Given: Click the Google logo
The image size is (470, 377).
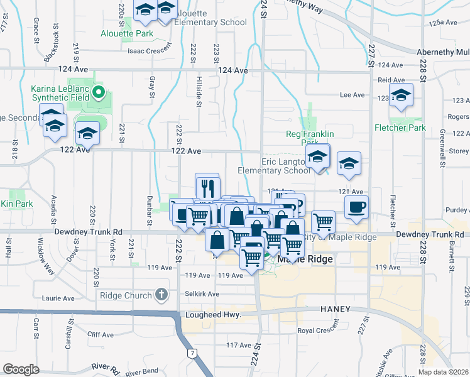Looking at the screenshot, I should click(x=21, y=369).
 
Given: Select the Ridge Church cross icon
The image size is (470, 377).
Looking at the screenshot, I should click(x=161, y=295).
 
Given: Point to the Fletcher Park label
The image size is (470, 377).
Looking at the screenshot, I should click(x=400, y=128).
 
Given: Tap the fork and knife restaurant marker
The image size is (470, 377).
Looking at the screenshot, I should click(x=207, y=187).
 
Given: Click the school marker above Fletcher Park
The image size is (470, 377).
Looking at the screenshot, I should click(x=400, y=96).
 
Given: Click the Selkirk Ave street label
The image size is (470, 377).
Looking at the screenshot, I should click(x=202, y=294).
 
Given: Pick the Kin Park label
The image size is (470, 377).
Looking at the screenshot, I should click(x=16, y=204).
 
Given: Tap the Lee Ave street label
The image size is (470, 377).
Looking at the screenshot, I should click(x=352, y=95).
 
